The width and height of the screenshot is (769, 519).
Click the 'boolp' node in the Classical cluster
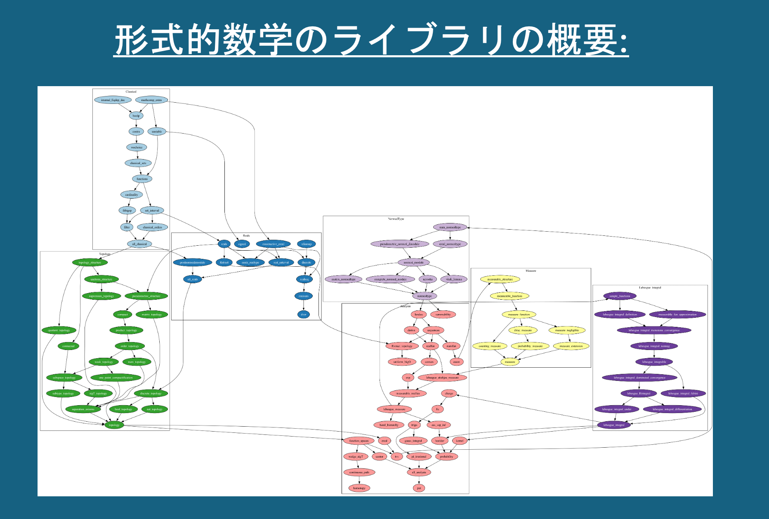coord(136,116)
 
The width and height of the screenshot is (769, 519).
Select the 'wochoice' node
coord(137,147)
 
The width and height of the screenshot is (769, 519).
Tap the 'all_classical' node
coord(139,244)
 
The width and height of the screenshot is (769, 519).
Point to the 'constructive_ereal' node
coord(273,244)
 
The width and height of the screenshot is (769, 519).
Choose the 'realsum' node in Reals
coord(304,296)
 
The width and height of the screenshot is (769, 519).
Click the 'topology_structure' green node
coord(90,263)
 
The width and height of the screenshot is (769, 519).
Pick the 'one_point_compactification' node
coord(116,378)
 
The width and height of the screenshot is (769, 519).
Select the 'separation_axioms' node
coord(83,409)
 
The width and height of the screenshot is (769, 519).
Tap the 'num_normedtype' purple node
coord(450,227)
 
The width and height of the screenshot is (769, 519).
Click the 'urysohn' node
coord(428,279)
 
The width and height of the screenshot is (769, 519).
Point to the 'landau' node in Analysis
coord(419,315)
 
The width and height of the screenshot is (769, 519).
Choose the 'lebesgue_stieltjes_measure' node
coord(442,378)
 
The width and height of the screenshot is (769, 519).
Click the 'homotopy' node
coord(359,488)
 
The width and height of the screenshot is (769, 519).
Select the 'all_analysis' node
coord(419,472)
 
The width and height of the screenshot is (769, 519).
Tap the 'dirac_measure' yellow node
coord(523,330)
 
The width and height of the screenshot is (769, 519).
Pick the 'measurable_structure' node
coord(500,279)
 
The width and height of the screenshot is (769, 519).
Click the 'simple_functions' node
coord(620,296)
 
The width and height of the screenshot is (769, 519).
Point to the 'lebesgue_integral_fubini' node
coord(683,394)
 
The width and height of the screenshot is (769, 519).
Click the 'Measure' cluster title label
coord(531,271)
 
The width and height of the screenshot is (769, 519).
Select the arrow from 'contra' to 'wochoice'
coord(137,139)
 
